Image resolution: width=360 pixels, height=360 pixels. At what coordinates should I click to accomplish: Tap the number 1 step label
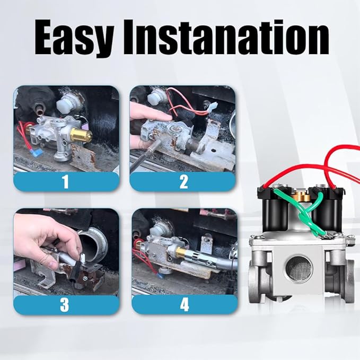[66, 182]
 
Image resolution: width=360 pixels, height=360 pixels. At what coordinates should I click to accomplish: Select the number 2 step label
[183, 182]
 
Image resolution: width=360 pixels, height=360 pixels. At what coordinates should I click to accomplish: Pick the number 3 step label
[66, 304]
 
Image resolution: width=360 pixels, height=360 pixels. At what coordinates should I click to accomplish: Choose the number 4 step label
[183, 304]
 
